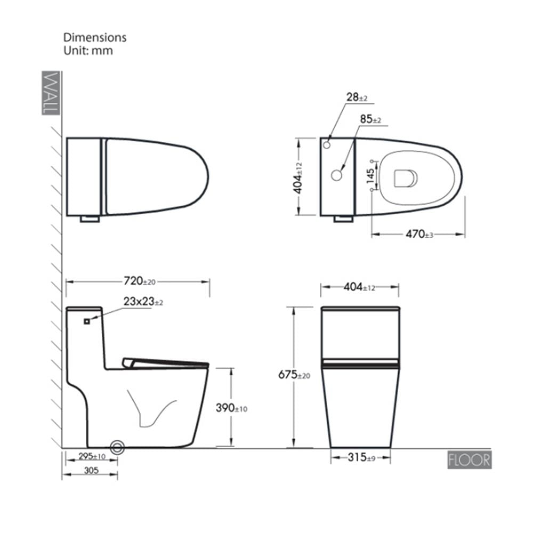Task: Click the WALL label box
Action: pyautogui.click(x=51, y=93)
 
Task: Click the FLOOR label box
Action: pyautogui.click(x=469, y=461)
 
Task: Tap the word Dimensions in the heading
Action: pyautogui.click(x=95, y=37)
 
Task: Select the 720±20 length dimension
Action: pyautogui.click(x=139, y=281)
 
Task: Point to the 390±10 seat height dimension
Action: pyautogui.click(x=231, y=408)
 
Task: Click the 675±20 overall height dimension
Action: pyautogui.click(x=294, y=375)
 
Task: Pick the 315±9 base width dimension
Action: pyautogui.click(x=361, y=457)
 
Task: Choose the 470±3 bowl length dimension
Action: pyautogui.click(x=419, y=234)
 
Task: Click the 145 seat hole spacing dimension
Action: pyautogui.click(x=370, y=176)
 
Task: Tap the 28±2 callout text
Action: pyautogui.click(x=357, y=97)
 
